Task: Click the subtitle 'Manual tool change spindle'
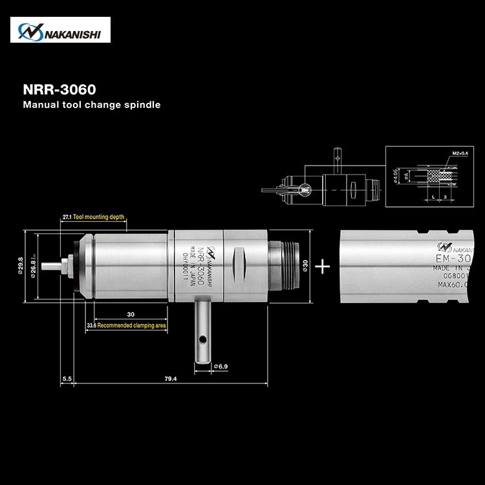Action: [91, 104]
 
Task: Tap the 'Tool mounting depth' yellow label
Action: [98, 217]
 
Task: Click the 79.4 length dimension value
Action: [170, 378]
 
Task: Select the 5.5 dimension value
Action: [67, 378]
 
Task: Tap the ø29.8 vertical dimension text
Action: [21, 265]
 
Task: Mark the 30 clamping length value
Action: [131, 314]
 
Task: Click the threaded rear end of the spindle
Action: [290, 264]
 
